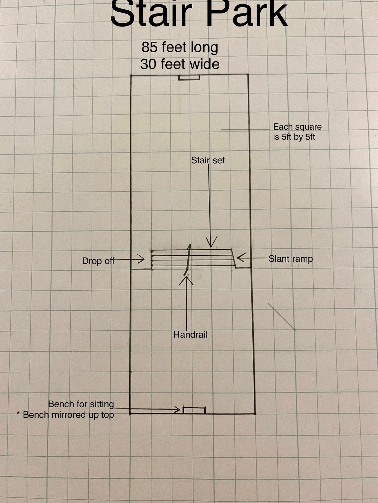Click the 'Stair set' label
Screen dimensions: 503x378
tap(208, 160)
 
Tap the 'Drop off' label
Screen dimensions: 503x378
tap(98, 261)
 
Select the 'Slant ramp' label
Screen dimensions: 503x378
tap(291, 259)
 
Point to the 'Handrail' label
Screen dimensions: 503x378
tap(190, 334)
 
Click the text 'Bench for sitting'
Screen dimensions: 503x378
tap(81, 404)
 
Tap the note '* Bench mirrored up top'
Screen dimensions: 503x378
tap(65, 415)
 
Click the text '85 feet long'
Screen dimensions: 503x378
tap(180, 47)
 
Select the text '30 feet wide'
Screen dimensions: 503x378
tap(180, 64)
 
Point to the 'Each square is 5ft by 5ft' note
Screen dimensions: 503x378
tap(297, 132)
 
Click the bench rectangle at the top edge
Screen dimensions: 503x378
tap(189, 78)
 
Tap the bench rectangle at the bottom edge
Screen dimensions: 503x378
tap(194, 410)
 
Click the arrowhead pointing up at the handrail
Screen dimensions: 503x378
tap(186, 280)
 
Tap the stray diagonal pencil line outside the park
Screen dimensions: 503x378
tap(282, 317)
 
